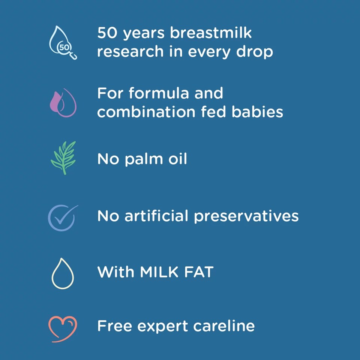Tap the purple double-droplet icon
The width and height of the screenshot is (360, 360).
point(63,102)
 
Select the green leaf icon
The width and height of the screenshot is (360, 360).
point(63,157)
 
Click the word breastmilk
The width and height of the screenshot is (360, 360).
point(211,33)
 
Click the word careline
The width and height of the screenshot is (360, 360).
point(224,325)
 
